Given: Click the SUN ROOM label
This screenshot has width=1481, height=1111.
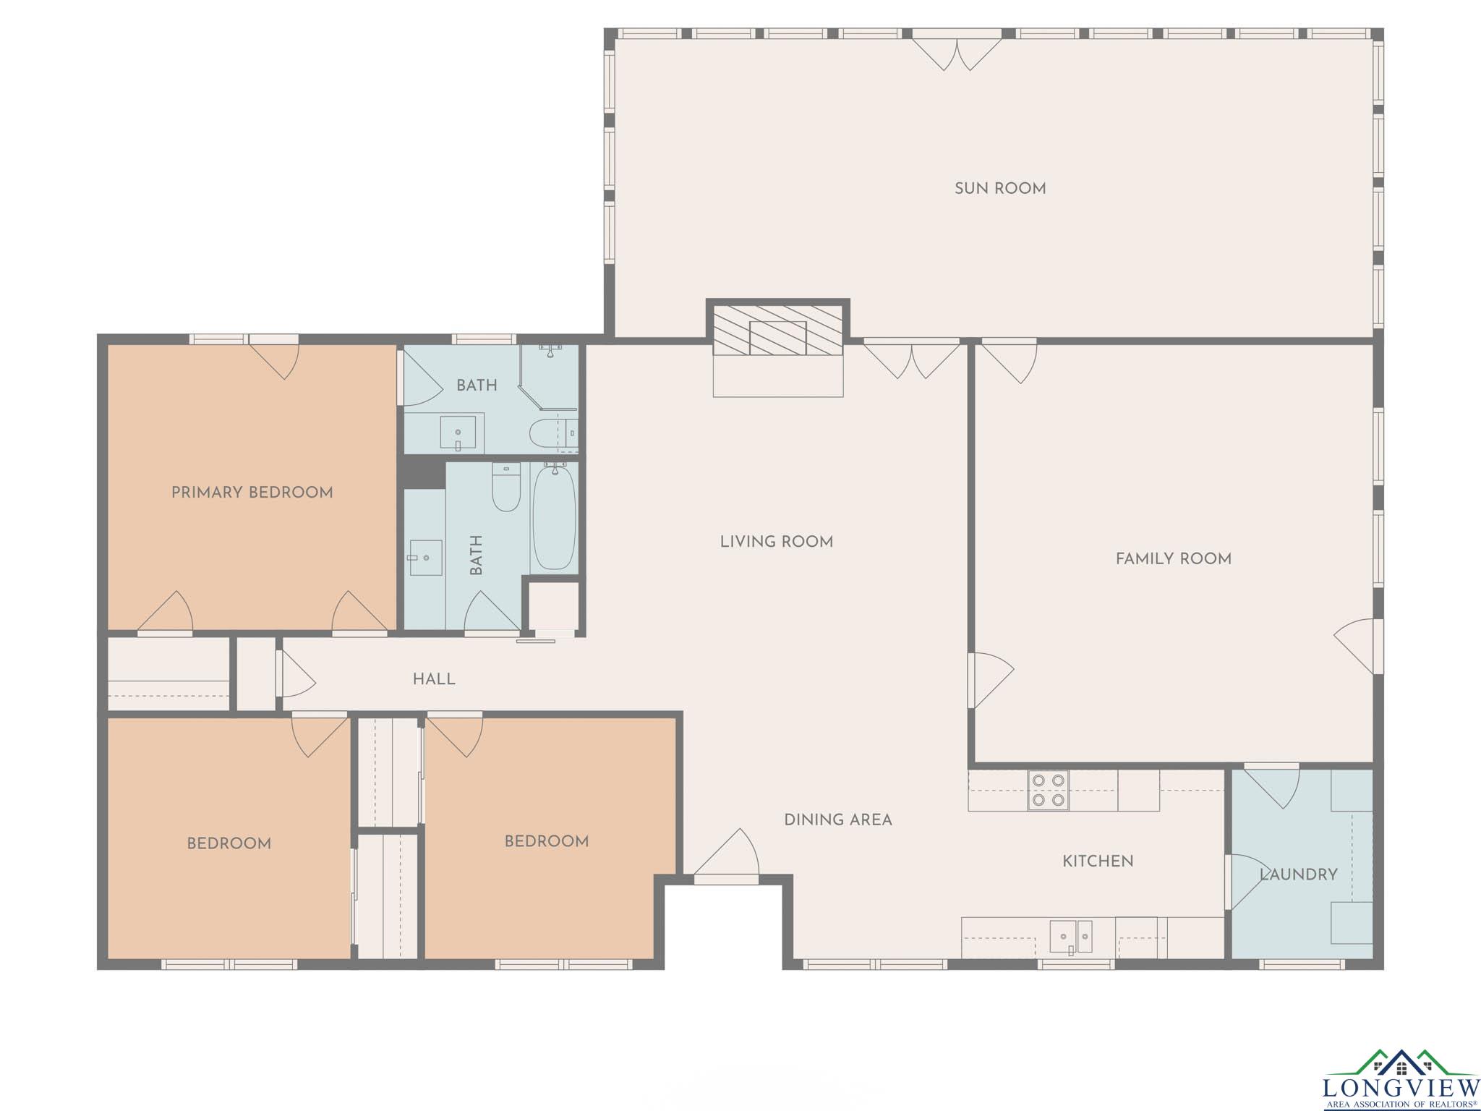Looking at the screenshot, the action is [1000, 189].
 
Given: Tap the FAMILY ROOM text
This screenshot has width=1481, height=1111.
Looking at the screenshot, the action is [1173, 558].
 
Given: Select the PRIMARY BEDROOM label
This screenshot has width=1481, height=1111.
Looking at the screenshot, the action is [252, 493].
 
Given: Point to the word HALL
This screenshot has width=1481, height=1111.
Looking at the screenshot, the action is [434, 679].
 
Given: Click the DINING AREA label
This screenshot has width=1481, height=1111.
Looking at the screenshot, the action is [838, 820].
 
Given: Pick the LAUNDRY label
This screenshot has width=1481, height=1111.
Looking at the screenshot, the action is [1299, 874].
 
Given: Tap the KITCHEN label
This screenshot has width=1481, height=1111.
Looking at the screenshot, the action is [1098, 861].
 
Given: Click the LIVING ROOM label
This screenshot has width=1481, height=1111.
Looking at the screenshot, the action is [777, 542].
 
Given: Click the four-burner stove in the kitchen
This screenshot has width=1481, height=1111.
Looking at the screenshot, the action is [1048, 790].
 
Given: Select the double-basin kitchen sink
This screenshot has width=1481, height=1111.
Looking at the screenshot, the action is [1071, 937].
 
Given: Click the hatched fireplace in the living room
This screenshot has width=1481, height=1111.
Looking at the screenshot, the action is [778, 330].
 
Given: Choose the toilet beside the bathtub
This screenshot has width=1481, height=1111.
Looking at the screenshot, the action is [506, 487].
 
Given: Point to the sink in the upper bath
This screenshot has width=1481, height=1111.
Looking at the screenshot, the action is [458, 432].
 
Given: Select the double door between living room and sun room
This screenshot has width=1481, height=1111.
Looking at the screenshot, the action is [912, 359].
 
